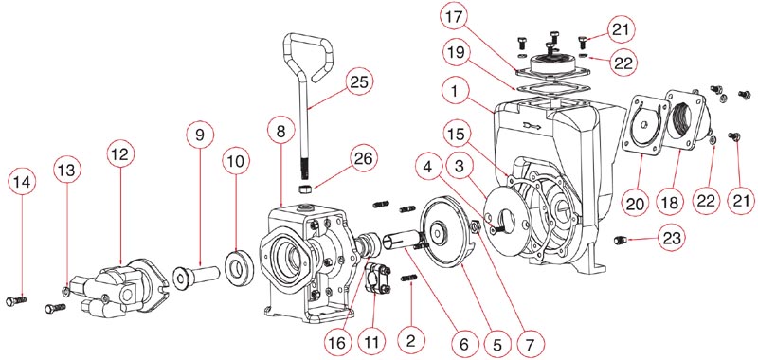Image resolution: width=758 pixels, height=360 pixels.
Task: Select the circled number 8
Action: [x=282, y=130]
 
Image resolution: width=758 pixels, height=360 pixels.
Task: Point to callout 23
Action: [x=671, y=238]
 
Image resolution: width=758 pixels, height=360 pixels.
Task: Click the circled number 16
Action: [x=336, y=343]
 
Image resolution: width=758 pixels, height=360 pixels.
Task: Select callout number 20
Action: [x=635, y=202]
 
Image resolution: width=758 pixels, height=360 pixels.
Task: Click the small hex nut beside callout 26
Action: [x=305, y=188]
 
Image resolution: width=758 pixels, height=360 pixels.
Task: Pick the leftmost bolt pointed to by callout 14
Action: [x=16, y=301]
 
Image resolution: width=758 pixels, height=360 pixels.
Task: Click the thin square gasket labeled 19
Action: [x=552, y=89]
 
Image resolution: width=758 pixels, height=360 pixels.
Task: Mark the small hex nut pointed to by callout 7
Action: [x=475, y=225]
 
